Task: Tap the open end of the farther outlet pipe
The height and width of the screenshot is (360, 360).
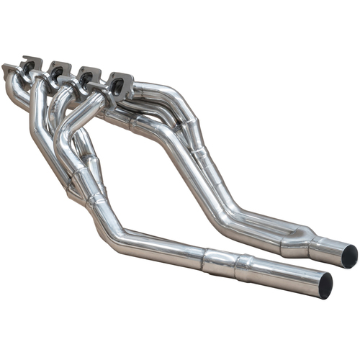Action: [x=349, y=255]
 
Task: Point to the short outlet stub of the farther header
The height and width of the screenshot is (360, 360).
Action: [x=331, y=250]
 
